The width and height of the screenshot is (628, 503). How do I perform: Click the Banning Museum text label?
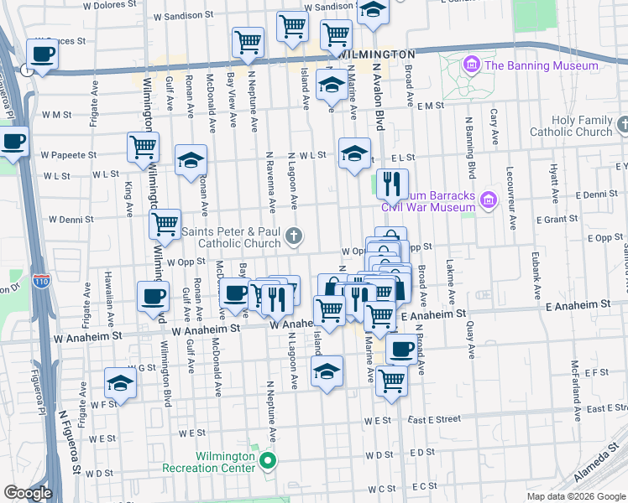[542, 65]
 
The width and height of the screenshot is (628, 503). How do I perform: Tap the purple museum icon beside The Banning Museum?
[471, 65]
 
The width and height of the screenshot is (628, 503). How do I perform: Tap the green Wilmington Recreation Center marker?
[268, 459]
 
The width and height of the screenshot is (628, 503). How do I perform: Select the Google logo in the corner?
[28, 493]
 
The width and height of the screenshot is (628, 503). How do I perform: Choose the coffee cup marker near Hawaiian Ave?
[154, 296]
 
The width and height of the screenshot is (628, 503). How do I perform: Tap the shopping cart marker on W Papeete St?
[144, 148]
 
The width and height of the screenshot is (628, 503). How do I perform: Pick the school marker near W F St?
[120, 384]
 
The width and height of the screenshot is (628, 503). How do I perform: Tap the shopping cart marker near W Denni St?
[165, 224]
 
